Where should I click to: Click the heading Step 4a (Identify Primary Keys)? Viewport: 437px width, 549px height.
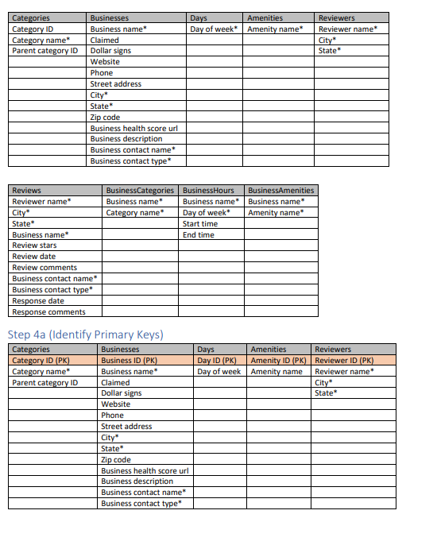click(85, 334)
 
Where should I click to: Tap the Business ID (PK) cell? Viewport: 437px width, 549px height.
click(129, 361)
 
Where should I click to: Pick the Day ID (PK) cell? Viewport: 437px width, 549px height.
click(217, 361)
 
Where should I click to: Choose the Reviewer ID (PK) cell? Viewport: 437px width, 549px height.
click(344, 361)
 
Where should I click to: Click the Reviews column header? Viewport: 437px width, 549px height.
click(27, 191)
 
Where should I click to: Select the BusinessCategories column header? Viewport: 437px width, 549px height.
click(140, 191)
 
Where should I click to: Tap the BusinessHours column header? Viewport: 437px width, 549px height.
click(208, 191)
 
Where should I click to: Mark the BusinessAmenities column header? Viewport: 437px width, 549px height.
click(281, 191)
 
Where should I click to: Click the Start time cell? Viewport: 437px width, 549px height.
click(199, 224)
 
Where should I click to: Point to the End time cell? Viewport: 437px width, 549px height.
click(198, 235)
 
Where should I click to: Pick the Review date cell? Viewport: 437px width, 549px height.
click(34, 257)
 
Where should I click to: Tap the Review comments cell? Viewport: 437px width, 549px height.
click(44, 268)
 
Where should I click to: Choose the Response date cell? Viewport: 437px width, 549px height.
click(38, 301)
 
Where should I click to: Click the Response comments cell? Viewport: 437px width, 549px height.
click(48, 312)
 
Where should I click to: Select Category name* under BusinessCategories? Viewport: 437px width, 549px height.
click(134, 213)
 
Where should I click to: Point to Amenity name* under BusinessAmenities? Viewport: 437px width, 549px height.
click(276, 213)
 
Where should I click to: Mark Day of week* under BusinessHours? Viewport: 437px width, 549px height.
click(206, 213)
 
